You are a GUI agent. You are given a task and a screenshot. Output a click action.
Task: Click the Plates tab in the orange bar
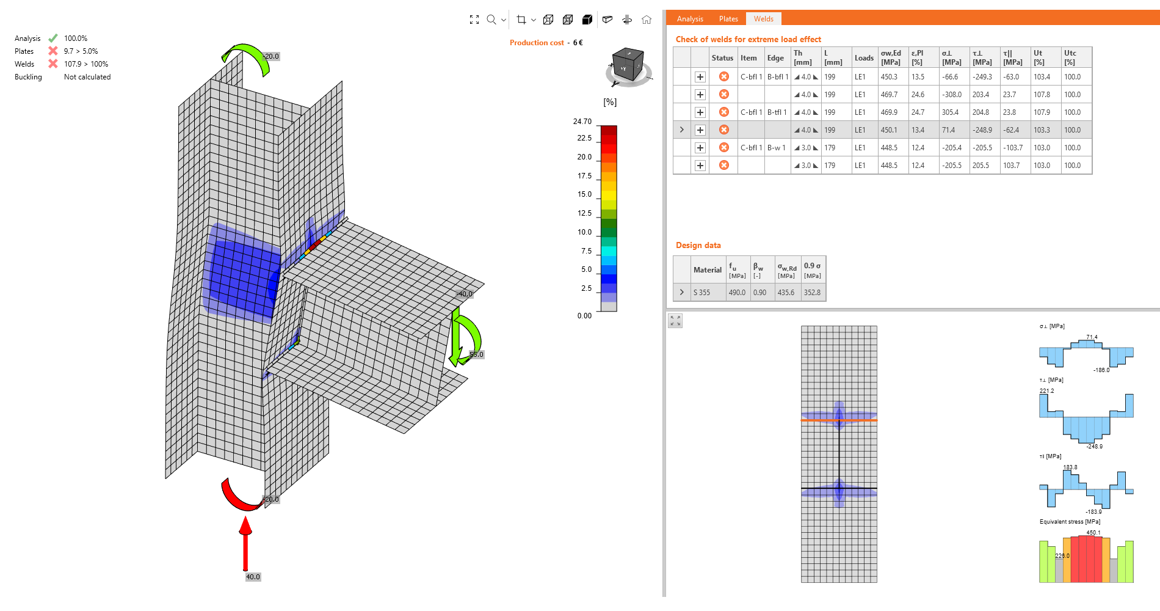[x=728, y=19]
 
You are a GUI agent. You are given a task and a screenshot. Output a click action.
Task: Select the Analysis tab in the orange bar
[x=689, y=19]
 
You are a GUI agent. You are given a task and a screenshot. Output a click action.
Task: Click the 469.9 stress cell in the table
[x=889, y=112]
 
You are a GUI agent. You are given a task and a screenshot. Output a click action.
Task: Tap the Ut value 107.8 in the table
[x=1042, y=95]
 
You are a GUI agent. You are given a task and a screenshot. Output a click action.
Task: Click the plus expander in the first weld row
[x=700, y=77]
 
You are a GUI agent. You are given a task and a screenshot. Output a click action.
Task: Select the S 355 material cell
[x=701, y=293]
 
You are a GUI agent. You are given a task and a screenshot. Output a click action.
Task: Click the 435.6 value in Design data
[x=786, y=293]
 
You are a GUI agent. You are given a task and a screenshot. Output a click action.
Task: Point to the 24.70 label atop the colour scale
[x=582, y=122]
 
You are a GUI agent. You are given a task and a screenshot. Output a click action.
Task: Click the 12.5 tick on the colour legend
[x=584, y=213]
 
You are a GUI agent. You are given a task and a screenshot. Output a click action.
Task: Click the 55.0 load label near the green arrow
[x=476, y=354]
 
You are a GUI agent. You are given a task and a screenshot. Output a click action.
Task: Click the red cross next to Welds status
[x=53, y=64]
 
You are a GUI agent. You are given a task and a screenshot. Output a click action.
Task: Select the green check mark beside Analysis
[x=53, y=38]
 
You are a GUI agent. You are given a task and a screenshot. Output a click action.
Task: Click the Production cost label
[x=537, y=43]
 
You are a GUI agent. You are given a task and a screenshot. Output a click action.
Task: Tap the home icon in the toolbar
[x=647, y=20]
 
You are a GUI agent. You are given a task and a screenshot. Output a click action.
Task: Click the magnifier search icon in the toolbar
[x=491, y=20]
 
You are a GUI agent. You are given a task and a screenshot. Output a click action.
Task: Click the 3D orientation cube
[x=628, y=65]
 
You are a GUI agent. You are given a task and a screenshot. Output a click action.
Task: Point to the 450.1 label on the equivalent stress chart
[x=1093, y=532]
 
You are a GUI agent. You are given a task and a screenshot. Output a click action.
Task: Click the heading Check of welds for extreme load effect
[x=748, y=39]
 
